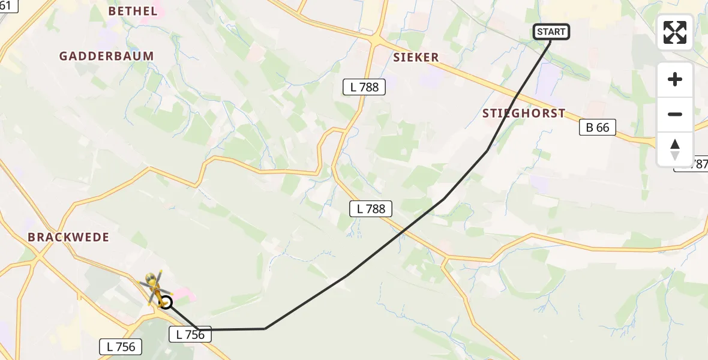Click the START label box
551,32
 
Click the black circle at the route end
166,303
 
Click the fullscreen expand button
675,32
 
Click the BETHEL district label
133,11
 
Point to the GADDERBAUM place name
106,56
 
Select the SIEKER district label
416,58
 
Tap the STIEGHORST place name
524,113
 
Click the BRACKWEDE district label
68,237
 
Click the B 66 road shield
598,127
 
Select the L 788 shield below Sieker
364,87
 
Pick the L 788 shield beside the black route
371,209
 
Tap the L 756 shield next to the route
191,335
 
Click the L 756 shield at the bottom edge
121,346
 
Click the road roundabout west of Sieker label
374,41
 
